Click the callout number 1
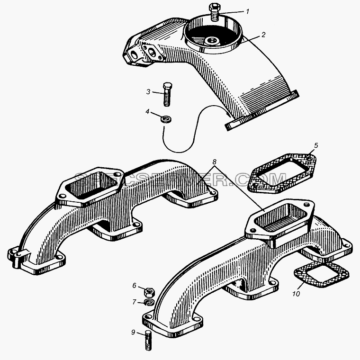[247, 11]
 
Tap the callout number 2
[263, 35]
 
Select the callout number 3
[149, 92]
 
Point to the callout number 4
[147, 112]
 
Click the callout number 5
[316, 145]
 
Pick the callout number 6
[135, 285]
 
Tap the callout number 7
[135, 302]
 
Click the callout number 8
[214, 162]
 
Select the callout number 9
[133, 332]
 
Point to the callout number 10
[296, 294]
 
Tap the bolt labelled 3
[167, 95]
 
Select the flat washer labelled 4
[166, 120]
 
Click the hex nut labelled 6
[149, 292]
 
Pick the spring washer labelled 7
[149, 302]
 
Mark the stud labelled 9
[148, 341]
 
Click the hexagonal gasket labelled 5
[282, 174]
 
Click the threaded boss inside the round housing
[211, 41]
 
